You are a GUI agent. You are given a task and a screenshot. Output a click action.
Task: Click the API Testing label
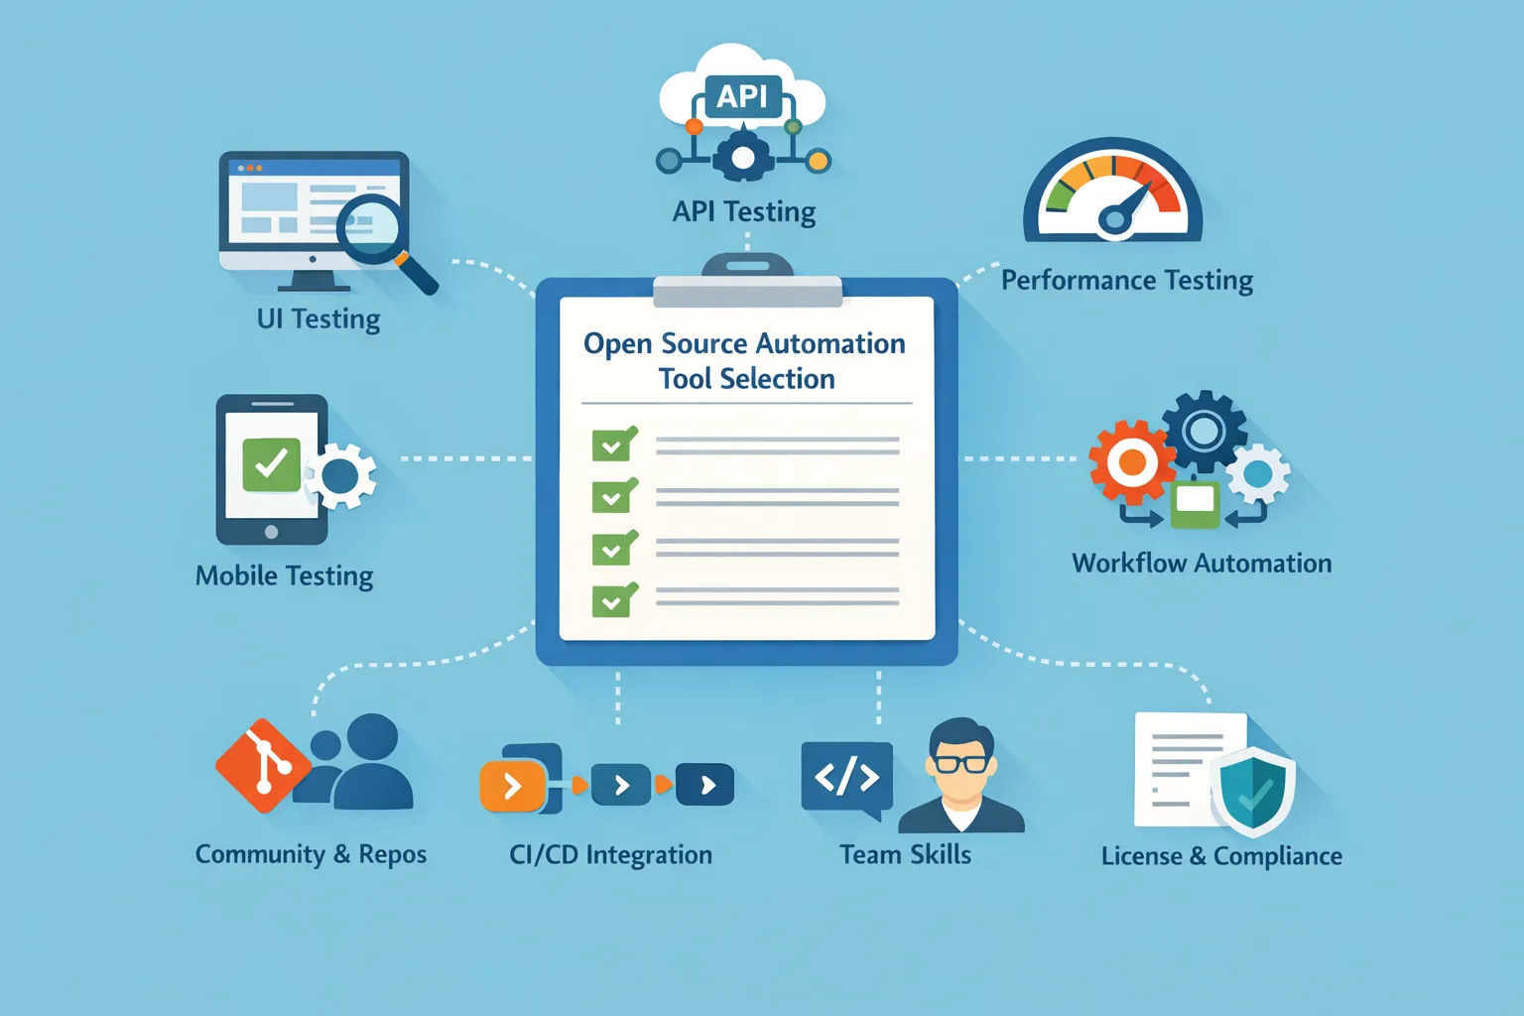(744, 211)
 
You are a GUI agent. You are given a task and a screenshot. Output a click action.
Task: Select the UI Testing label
(318, 318)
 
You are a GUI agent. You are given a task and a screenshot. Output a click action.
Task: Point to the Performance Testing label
(1127, 281)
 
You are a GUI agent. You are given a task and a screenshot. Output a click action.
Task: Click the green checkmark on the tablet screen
(271, 463)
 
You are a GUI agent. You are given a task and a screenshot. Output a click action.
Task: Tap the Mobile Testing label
(285, 575)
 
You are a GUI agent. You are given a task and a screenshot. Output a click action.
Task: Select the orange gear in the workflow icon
(1131, 461)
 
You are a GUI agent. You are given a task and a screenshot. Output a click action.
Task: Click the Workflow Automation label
(1202, 564)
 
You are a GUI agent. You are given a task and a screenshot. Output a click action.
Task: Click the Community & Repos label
(311, 854)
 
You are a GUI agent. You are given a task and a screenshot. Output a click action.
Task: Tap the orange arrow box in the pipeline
(513, 787)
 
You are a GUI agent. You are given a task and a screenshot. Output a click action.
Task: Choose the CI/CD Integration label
(611, 854)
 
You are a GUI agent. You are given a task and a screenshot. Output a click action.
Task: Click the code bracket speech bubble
(846, 778)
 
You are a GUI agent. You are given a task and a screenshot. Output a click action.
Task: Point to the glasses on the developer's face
(960, 763)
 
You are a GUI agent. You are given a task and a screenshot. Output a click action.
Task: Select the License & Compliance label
(1221, 855)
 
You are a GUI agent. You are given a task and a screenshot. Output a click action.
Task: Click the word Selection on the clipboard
(777, 379)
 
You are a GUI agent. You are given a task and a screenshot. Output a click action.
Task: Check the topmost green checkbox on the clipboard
(613, 445)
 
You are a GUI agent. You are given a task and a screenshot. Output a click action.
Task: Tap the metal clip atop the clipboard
(747, 282)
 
